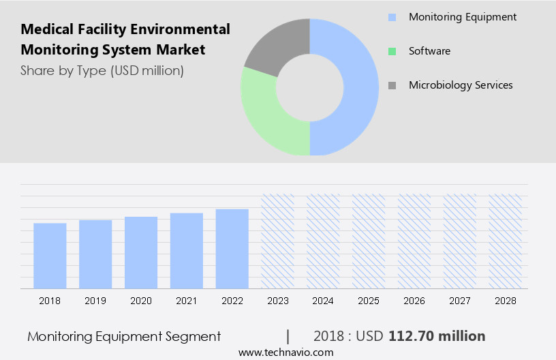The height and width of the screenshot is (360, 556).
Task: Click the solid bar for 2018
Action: pos(50,256)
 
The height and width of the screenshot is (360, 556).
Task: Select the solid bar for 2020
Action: pos(141,252)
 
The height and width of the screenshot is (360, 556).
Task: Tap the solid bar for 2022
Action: pos(232,249)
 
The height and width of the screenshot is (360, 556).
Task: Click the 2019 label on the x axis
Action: pos(95,301)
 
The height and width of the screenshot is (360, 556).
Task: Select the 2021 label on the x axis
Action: pos(187,301)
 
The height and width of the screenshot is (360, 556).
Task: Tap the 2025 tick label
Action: pos(369,301)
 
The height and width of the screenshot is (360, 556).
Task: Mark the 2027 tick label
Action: pos(460,301)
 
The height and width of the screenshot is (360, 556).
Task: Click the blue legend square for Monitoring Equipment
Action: pos(392,17)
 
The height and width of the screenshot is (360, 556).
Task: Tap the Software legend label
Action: pos(429,51)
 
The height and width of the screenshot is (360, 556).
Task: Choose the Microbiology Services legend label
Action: pos(461,85)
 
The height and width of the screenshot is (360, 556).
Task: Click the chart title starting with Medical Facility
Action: pos(125,40)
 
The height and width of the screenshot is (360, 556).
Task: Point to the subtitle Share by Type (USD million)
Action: pos(102,70)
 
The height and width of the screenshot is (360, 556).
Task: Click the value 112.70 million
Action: pos(437,336)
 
